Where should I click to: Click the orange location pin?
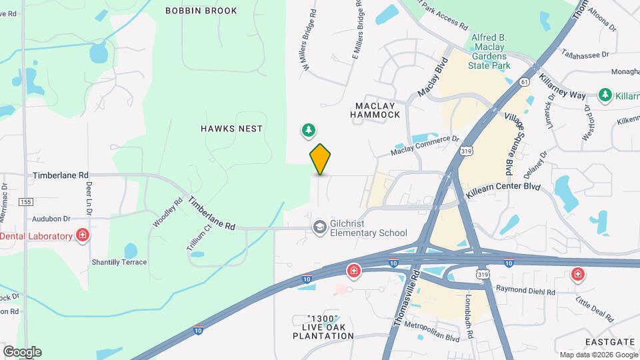point(320,159)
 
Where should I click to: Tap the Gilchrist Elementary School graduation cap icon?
point(320,228)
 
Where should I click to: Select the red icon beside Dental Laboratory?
point(82,236)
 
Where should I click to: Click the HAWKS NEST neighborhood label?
point(231,128)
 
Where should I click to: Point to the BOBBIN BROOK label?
point(201,11)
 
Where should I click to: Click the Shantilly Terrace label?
point(119,262)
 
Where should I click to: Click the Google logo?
point(22,352)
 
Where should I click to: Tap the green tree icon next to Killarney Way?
point(605,95)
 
